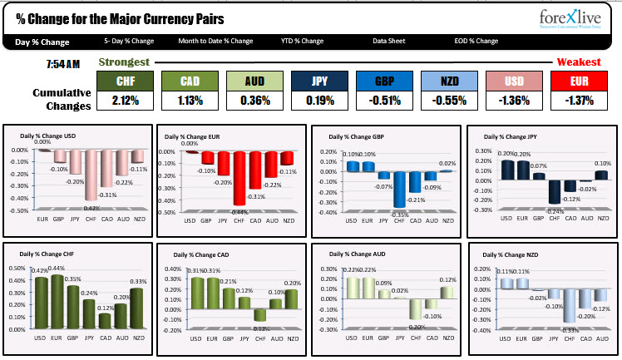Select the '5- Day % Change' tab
pyautogui.click(x=129, y=41)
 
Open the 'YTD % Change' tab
pyautogui.click(x=302, y=41)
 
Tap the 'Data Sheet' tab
pyautogui.click(x=389, y=41)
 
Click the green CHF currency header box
pyautogui.click(x=126, y=81)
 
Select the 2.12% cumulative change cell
pyautogui.click(x=126, y=101)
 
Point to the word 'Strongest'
pyautogui.click(x=124, y=62)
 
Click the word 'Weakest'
pyautogui.click(x=579, y=62)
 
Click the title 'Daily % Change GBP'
pyautogui.click(x=357, y=137)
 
